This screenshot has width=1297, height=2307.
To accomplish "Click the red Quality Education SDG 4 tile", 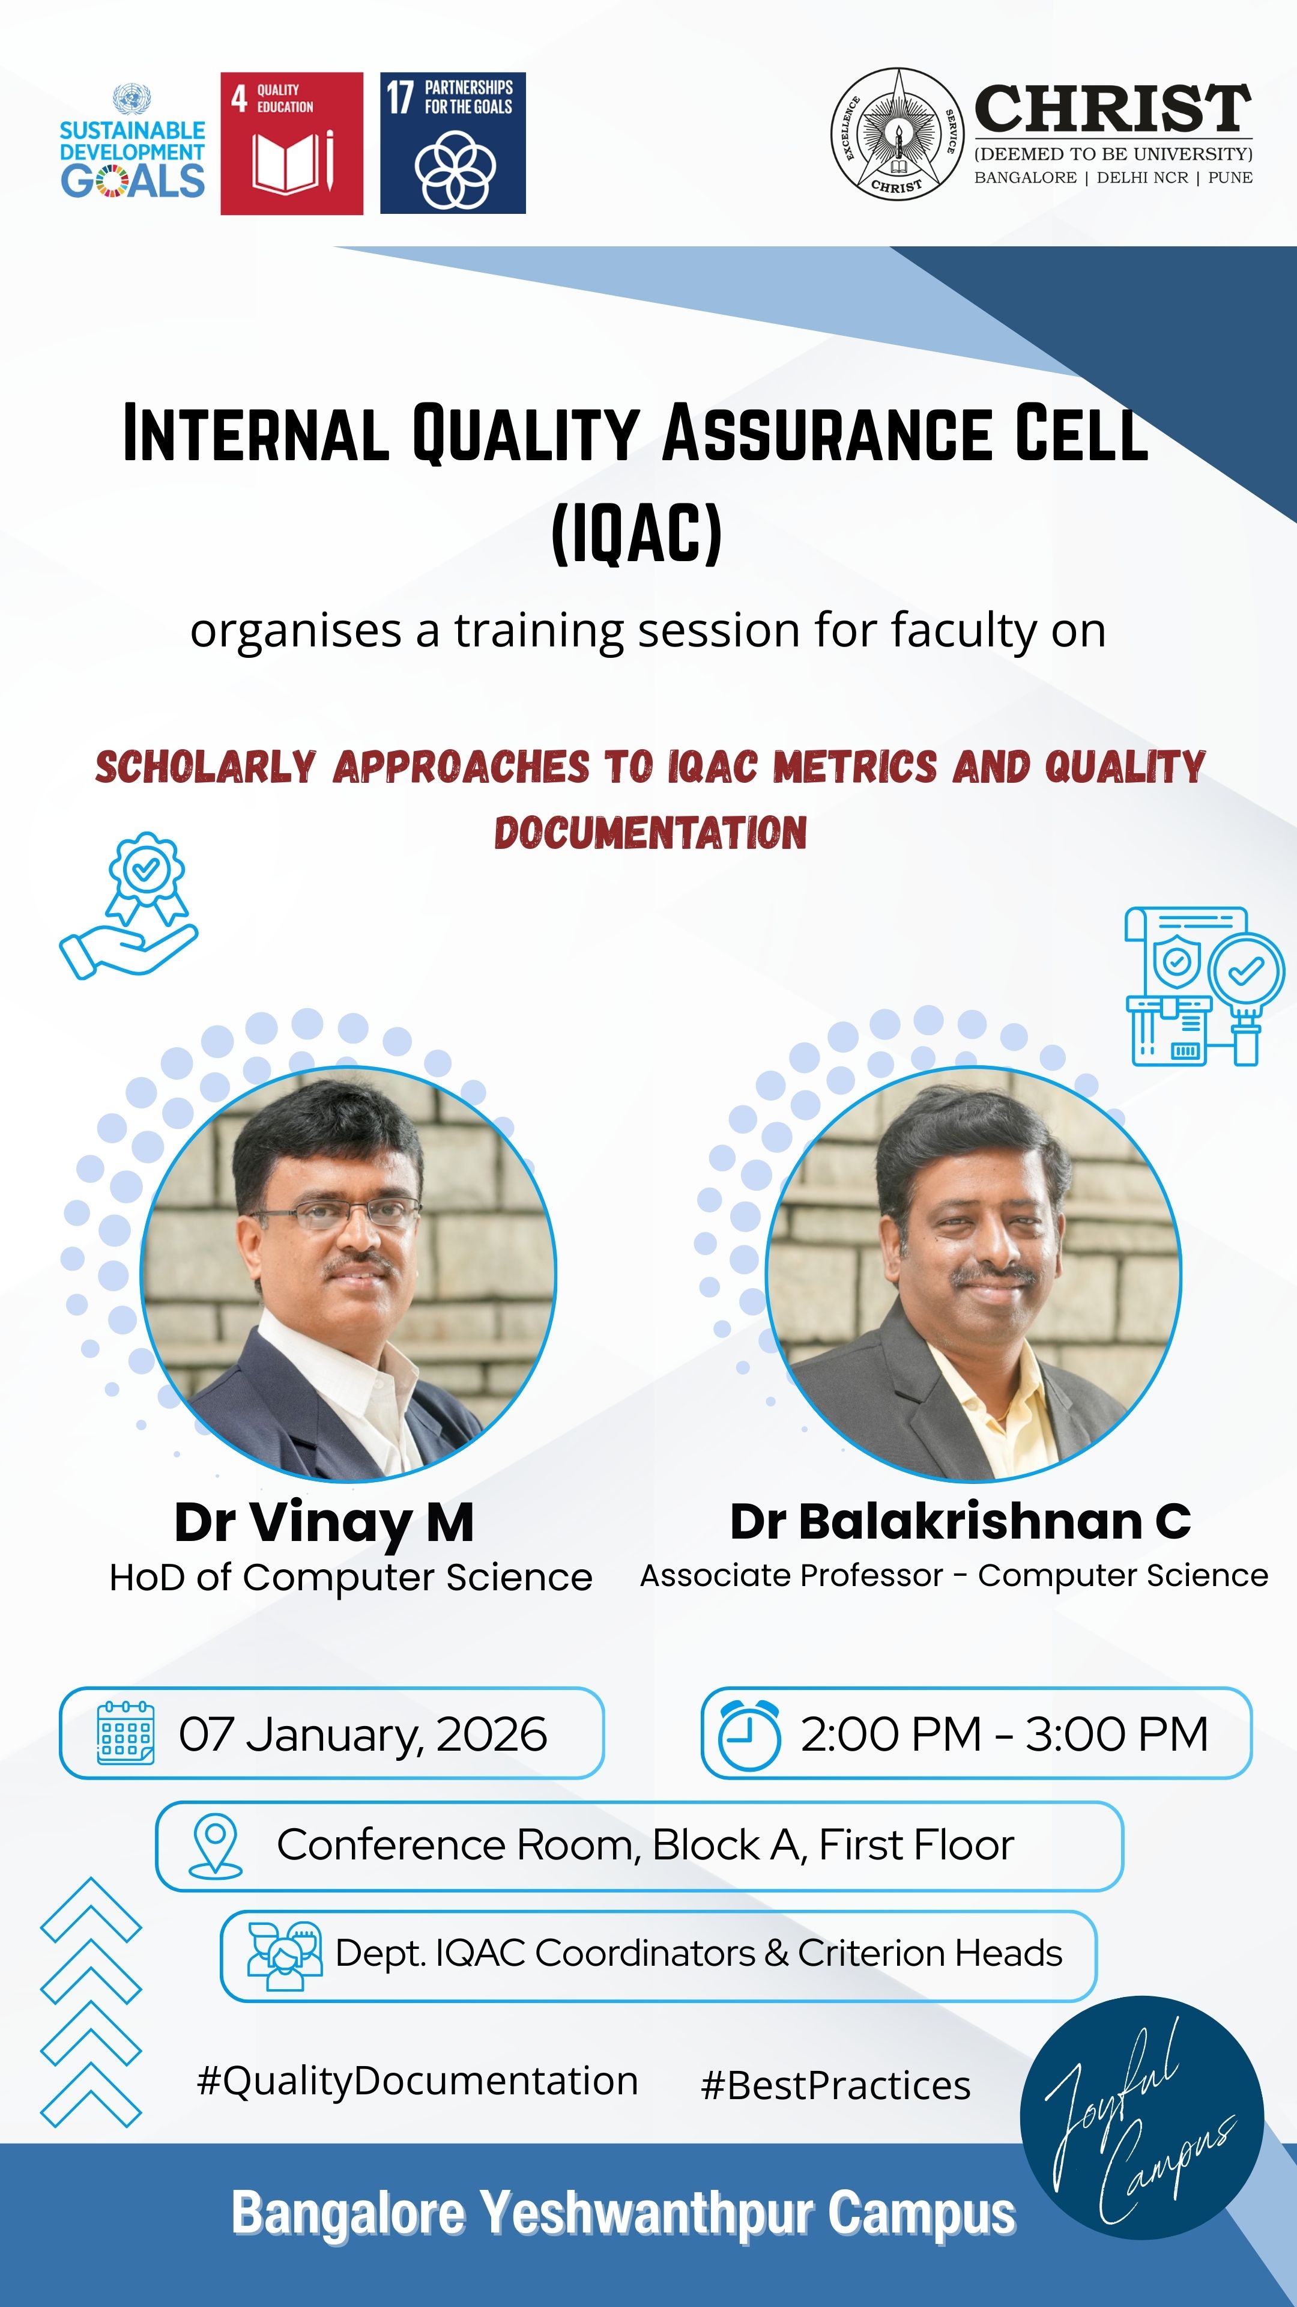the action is click(292, 144).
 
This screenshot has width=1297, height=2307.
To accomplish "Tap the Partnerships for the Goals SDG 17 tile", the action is click(453, 144).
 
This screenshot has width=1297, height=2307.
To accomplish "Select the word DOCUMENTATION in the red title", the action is click(651, 832).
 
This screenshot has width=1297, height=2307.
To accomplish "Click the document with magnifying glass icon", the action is click(1205, 986).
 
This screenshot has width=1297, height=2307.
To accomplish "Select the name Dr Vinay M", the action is click(324, 1522).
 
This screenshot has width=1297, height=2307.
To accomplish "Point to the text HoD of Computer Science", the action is click(351, 1577).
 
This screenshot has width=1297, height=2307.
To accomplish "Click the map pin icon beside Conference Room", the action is click(215, 1846).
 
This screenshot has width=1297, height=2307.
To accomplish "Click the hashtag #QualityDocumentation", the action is click(417, 2081).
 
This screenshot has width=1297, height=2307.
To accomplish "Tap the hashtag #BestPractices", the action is click(836, 2085).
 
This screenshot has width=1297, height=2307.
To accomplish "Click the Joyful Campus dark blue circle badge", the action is click(1142, 2118).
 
